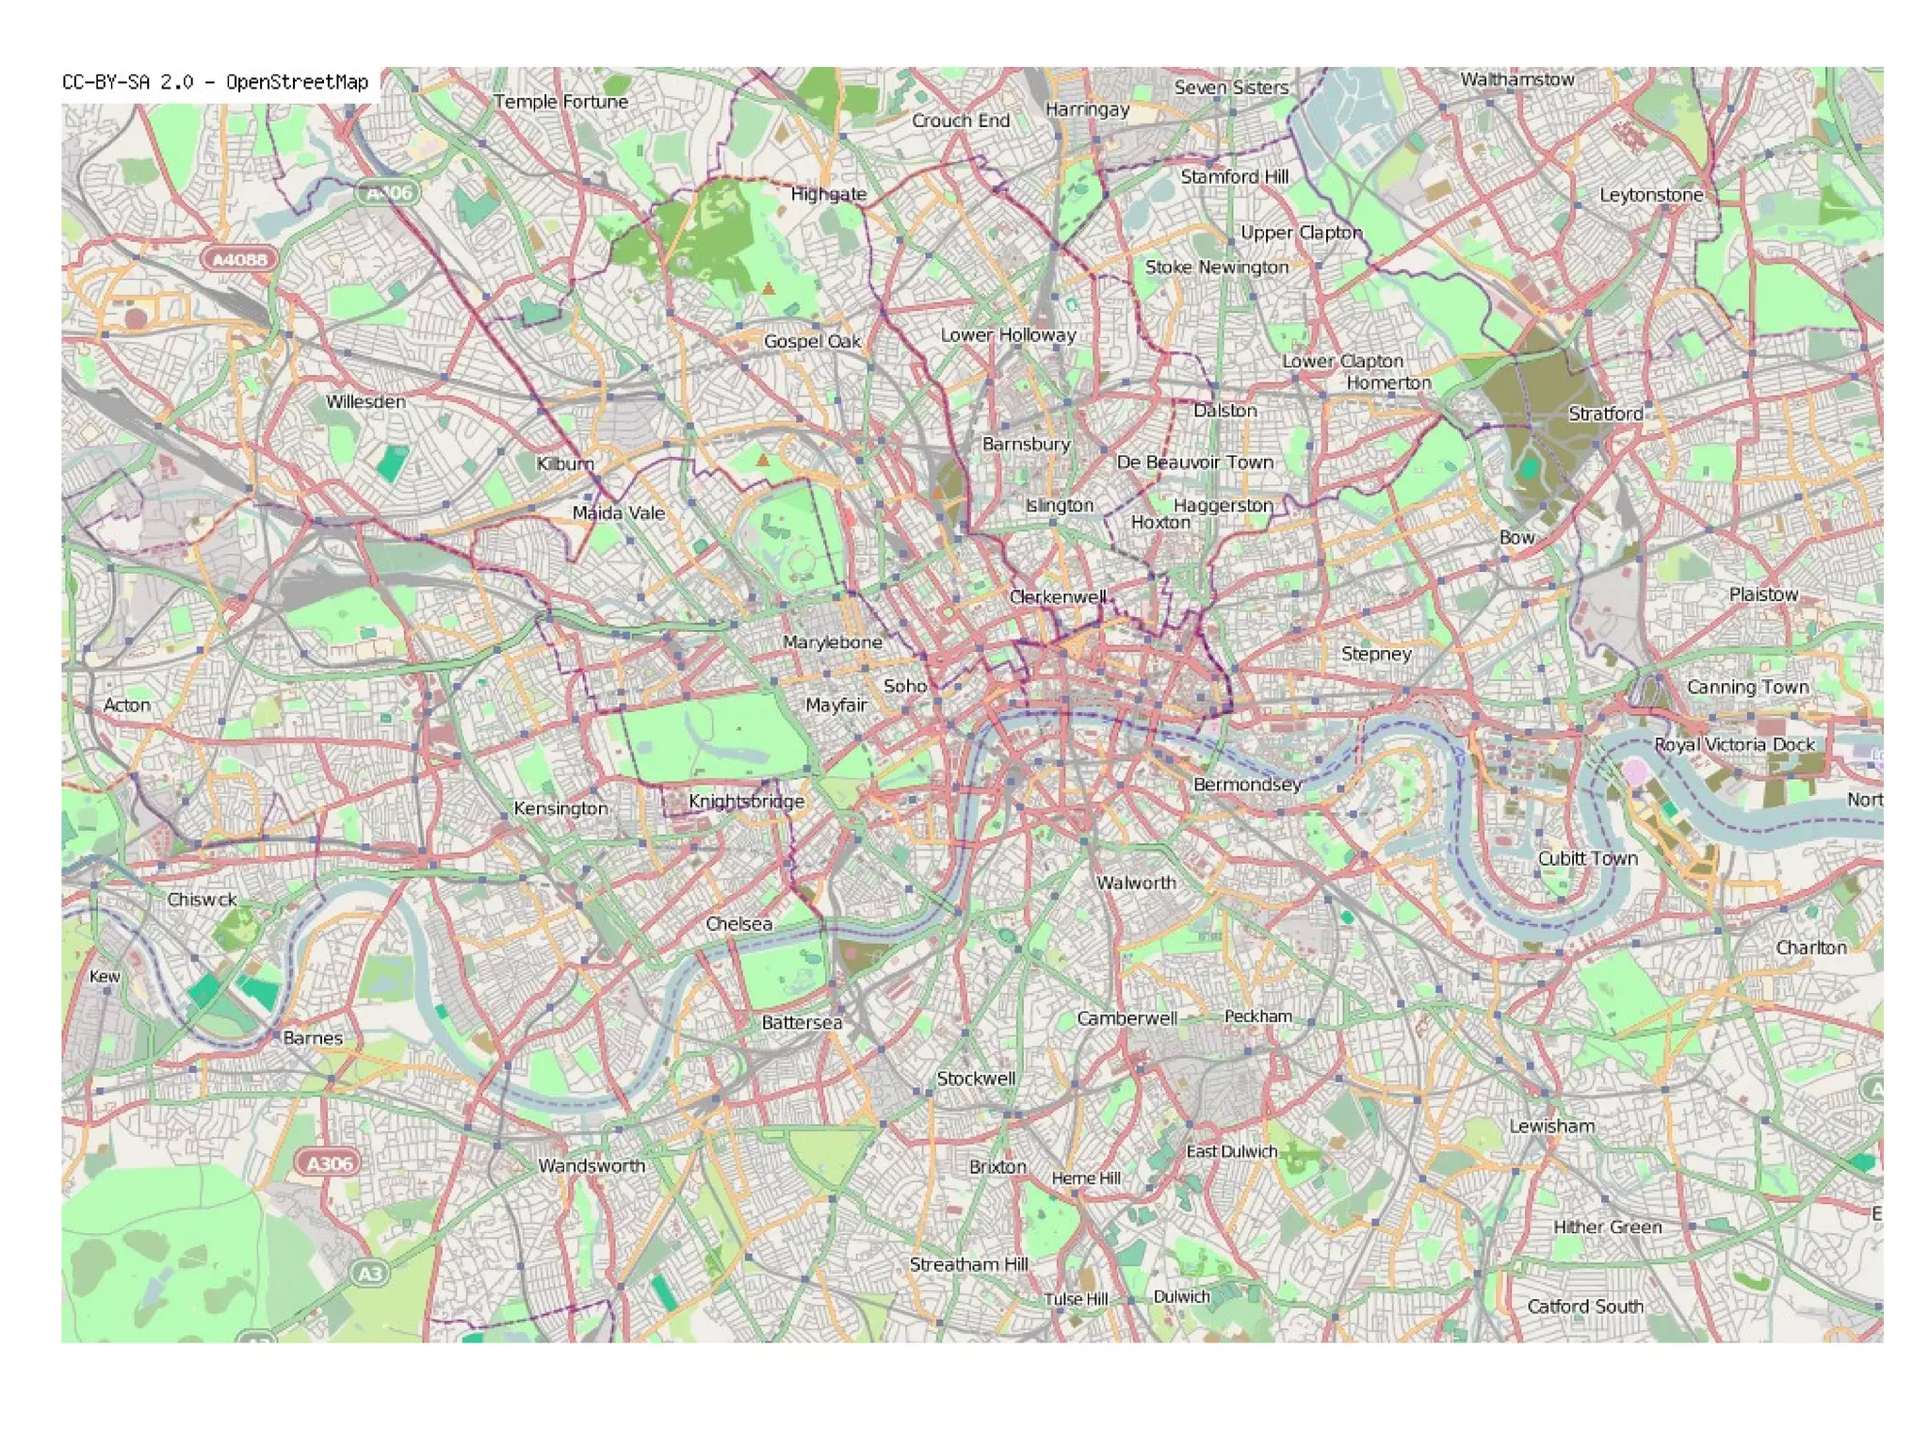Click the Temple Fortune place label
[x=560, y=102]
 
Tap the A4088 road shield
[x=239, y=259]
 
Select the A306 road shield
[x=329, y=1163]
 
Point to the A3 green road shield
[x=370, y=1274]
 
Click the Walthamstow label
[x=1516, y=80]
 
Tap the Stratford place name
[x=1605, y=414]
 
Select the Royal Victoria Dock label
[x=1734, y=744]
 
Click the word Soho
[x=904, y=686]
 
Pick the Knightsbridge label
[x=746, y=802]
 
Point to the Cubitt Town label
[x=1587, y=858]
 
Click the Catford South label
[x=1584, y=1307]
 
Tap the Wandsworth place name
[x=592, y=1166]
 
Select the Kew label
[x=105, y=976]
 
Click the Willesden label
[x=365, y=401]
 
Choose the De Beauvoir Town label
[x=1194, y=463]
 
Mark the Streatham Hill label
[x=968, y=1264]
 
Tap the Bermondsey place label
[x=1247, y=785]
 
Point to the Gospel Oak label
[x=812, y=341]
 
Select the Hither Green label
[x=1607, y=1227]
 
